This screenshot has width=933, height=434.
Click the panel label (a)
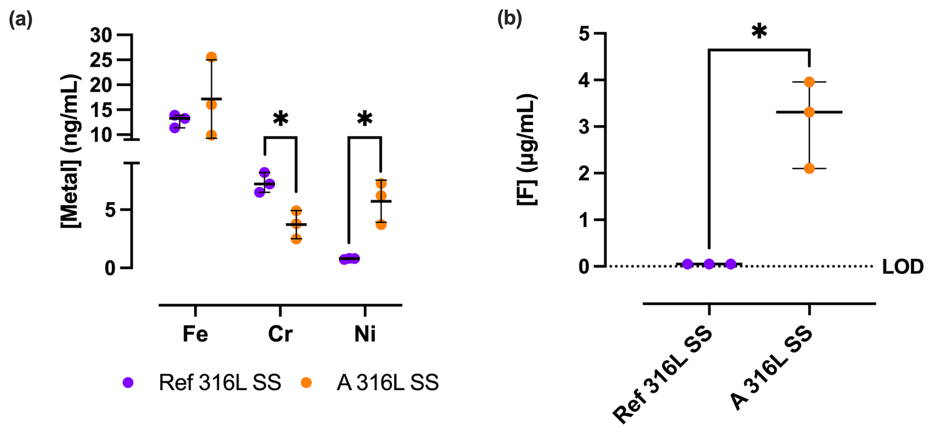pyautogui.click(x=21, y=20)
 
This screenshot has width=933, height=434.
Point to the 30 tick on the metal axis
pyautogui.click(x=101, y=35)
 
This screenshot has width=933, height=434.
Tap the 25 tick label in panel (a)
pyautogui.click(x=101, y=60)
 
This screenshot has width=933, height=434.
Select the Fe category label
pyautogui.click(x=195, y=334)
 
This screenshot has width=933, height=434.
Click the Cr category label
pyautogui.click(x=280, y=334)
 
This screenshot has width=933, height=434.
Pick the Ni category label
pyautogui.click(x=365, y=334)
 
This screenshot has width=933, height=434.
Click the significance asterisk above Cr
pyautogui.click(x=280, y=119)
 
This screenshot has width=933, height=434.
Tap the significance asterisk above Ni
pyautogui.click(x=365, y=119)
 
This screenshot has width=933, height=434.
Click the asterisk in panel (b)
pyautogui.click(x=759, y=32)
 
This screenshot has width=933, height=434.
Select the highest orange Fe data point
pyautogui.click(x=212, y=57)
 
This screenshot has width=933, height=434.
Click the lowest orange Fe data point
pyautogui.click(x=212, y=135)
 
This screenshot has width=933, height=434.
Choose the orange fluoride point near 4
pyautogui.click(x=809, y=82)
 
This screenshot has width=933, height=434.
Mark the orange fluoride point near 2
pyautogui.click(x=809, y=168)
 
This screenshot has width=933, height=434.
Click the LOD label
pyautogui.click(x=902, y=267)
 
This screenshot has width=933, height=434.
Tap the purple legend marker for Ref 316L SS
pyautogui.click(x=128, y=383)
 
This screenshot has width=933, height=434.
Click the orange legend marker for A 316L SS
pyautogui.click(x=306, y=383)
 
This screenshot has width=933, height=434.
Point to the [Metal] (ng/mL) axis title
pyautogui.click(x=71, y=151)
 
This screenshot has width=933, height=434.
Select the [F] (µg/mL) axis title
pyautogui.click(x=527, y=149)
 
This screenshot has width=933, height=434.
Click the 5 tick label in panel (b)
pyautogui.click(x=584, y=34)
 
